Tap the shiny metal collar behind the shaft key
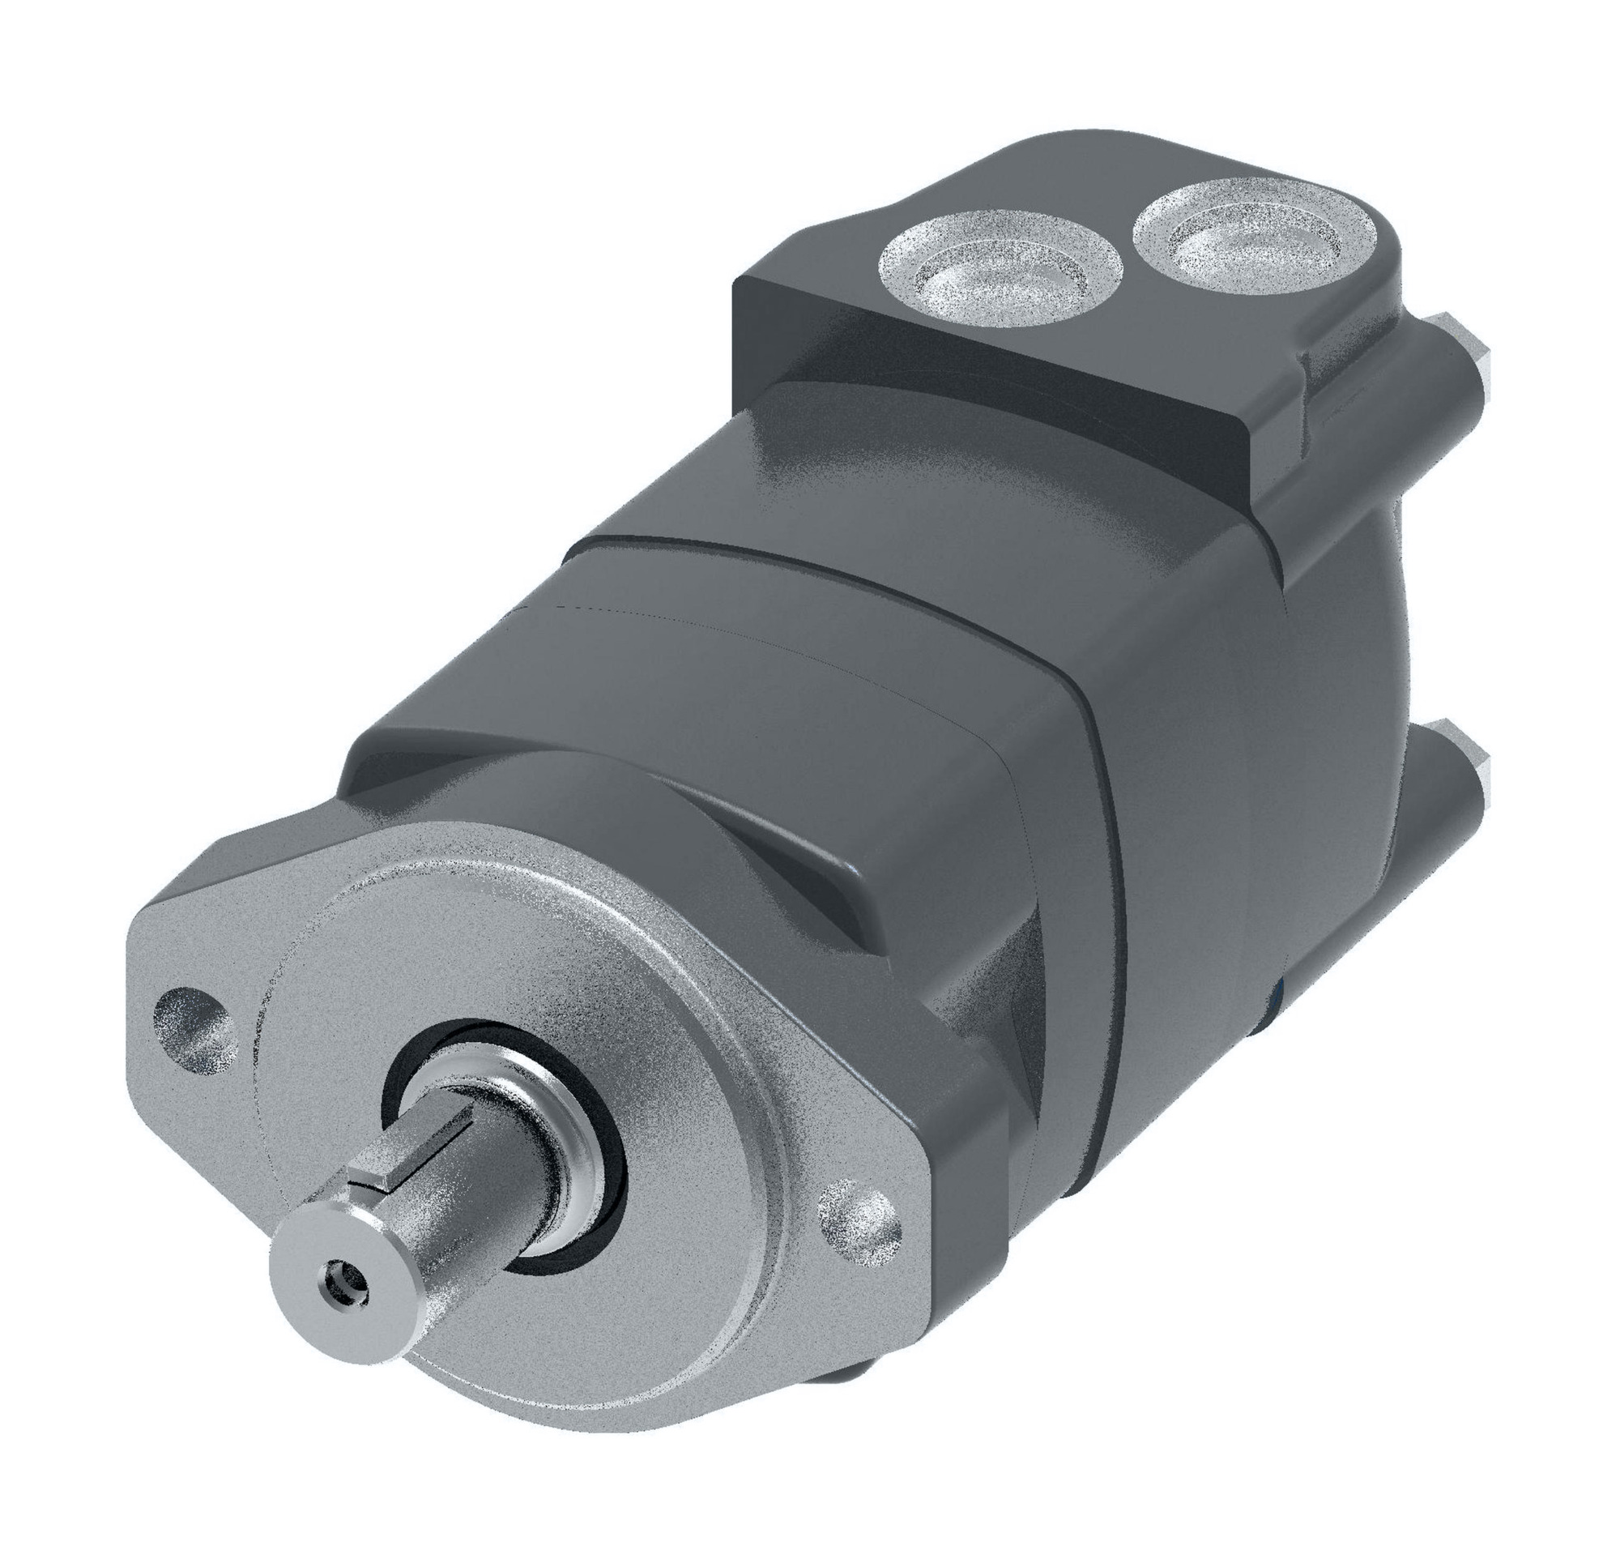529,1133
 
